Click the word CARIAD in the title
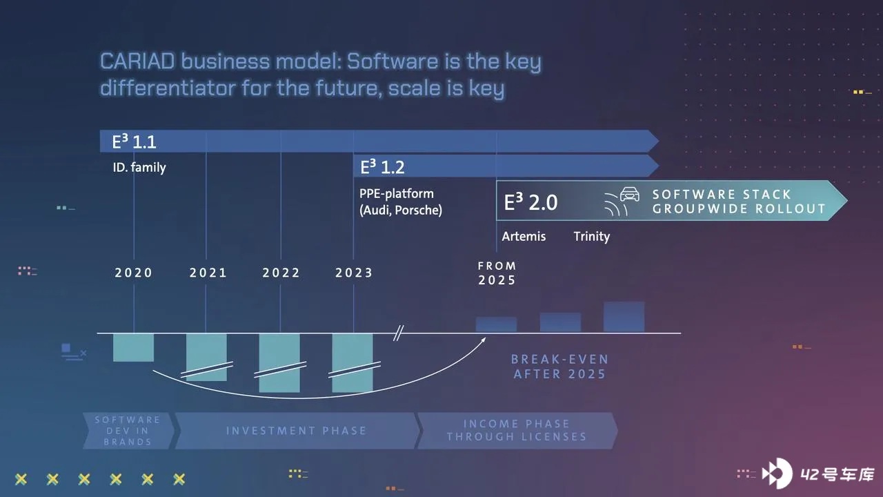(137, 61)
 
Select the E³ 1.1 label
(134, 142)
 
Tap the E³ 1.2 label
(382, 167)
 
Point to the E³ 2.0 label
(530, 202)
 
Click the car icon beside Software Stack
(630, 194)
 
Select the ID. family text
(139, 167)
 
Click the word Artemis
(524, 236)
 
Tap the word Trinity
(591, 236)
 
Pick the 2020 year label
(133, 273)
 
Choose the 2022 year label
(281, 273)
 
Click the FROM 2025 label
(497, 273)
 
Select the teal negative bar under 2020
(133, 347)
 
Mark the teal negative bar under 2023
(353, 363)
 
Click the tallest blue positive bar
(624, 317)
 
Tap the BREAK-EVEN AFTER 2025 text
(559, 367)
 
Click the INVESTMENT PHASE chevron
(297, 431)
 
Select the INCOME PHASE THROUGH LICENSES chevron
(517, 431)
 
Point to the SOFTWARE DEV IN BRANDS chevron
(128, 431)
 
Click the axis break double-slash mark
(399, 333)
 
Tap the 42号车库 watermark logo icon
(777, 473)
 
